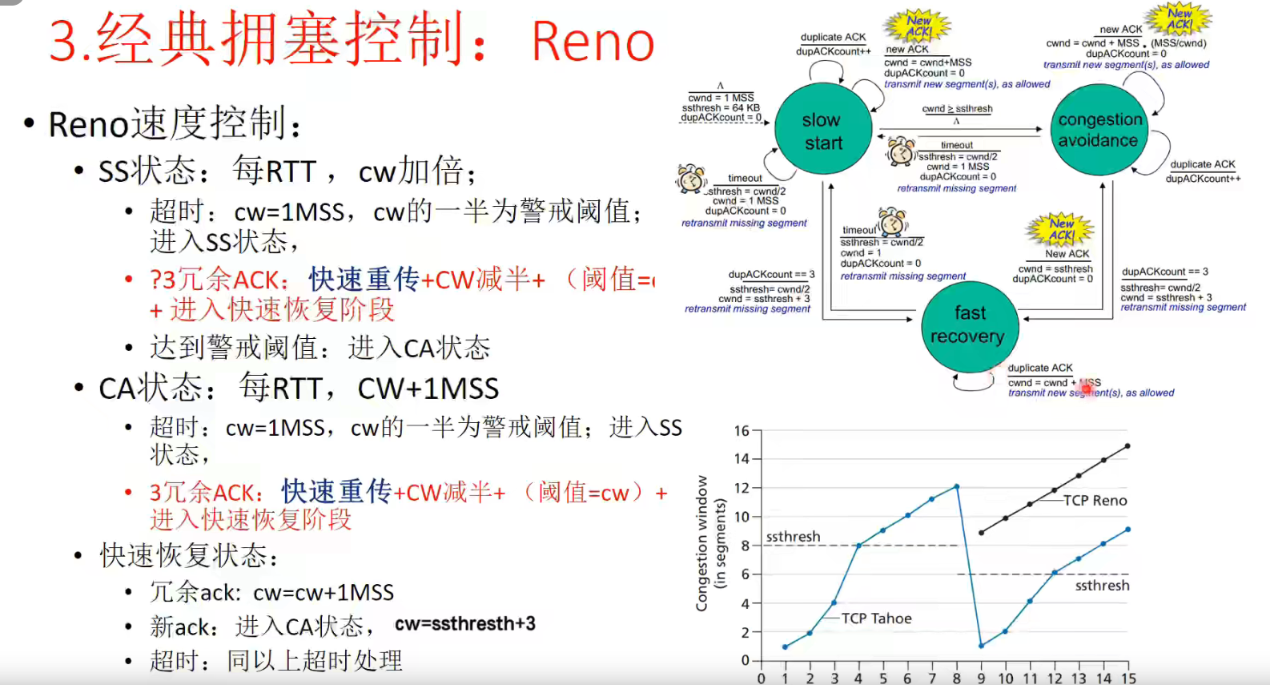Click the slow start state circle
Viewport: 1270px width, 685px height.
tap(822, 131)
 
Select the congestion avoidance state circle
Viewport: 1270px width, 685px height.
tap(1099, 130)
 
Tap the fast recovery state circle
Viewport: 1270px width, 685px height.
tap(969, 325)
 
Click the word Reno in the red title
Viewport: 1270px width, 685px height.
tap(593, 42)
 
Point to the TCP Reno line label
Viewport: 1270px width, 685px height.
tap(1095, 501)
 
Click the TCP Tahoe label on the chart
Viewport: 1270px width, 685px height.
tap(876, 619)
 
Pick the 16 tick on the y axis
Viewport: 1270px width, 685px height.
tap(742, 431)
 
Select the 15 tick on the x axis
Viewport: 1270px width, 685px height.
tap(1128, 678)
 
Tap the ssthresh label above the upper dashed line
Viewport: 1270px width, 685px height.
tap(793, 536)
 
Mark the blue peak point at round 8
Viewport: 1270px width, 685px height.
tap(957, 486)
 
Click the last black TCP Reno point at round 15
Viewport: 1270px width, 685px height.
tap(1127, 446)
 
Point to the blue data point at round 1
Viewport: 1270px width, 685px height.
tap(785, 647)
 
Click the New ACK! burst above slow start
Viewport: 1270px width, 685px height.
tap(919, 26)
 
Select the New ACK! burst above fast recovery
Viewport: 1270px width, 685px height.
tap(1061, 228)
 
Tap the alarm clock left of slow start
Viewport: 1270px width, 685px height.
tap(690, 179)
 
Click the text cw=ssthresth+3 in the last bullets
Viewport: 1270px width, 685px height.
tap(465, 623)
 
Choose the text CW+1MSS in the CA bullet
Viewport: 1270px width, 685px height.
tap(428, 389)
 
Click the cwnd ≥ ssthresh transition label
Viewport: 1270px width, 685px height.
tap(957, 109)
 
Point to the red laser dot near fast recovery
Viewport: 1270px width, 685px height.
tap(1087, 389)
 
